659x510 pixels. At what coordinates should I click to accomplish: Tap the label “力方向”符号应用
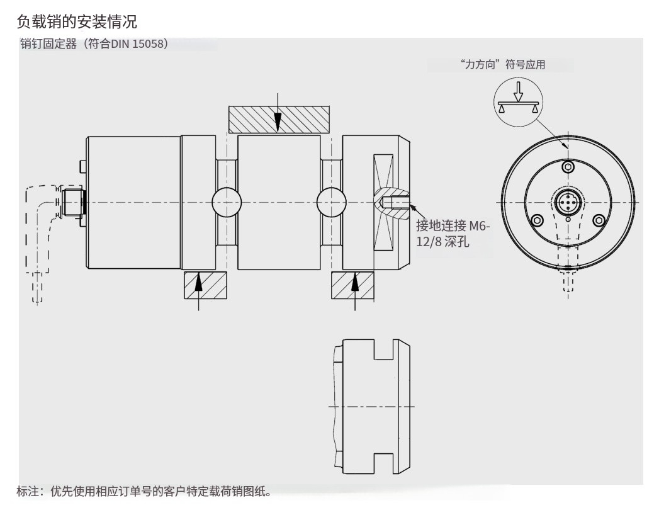click(502, 64)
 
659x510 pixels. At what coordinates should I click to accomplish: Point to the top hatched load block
click(278, 120)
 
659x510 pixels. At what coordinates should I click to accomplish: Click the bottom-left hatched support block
click(205, 285)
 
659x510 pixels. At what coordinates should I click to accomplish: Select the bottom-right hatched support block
click(352, 285)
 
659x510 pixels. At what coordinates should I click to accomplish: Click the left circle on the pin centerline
click(227, 202)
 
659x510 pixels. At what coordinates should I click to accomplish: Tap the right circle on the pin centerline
click(332, 202)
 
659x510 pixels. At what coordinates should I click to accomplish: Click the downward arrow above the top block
click(278, 113)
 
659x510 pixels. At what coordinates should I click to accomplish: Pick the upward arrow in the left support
click(199, 286)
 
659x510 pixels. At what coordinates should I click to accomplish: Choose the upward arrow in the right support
click(355, 286)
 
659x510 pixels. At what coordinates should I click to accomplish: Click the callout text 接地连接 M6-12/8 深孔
click(452, 233)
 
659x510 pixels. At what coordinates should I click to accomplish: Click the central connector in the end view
click(568, 202)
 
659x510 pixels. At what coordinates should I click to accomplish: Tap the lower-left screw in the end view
click(537, 220)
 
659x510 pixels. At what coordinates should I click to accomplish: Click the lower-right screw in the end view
click(599, 220)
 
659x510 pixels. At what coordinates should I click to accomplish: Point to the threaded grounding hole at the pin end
click(395, 202)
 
